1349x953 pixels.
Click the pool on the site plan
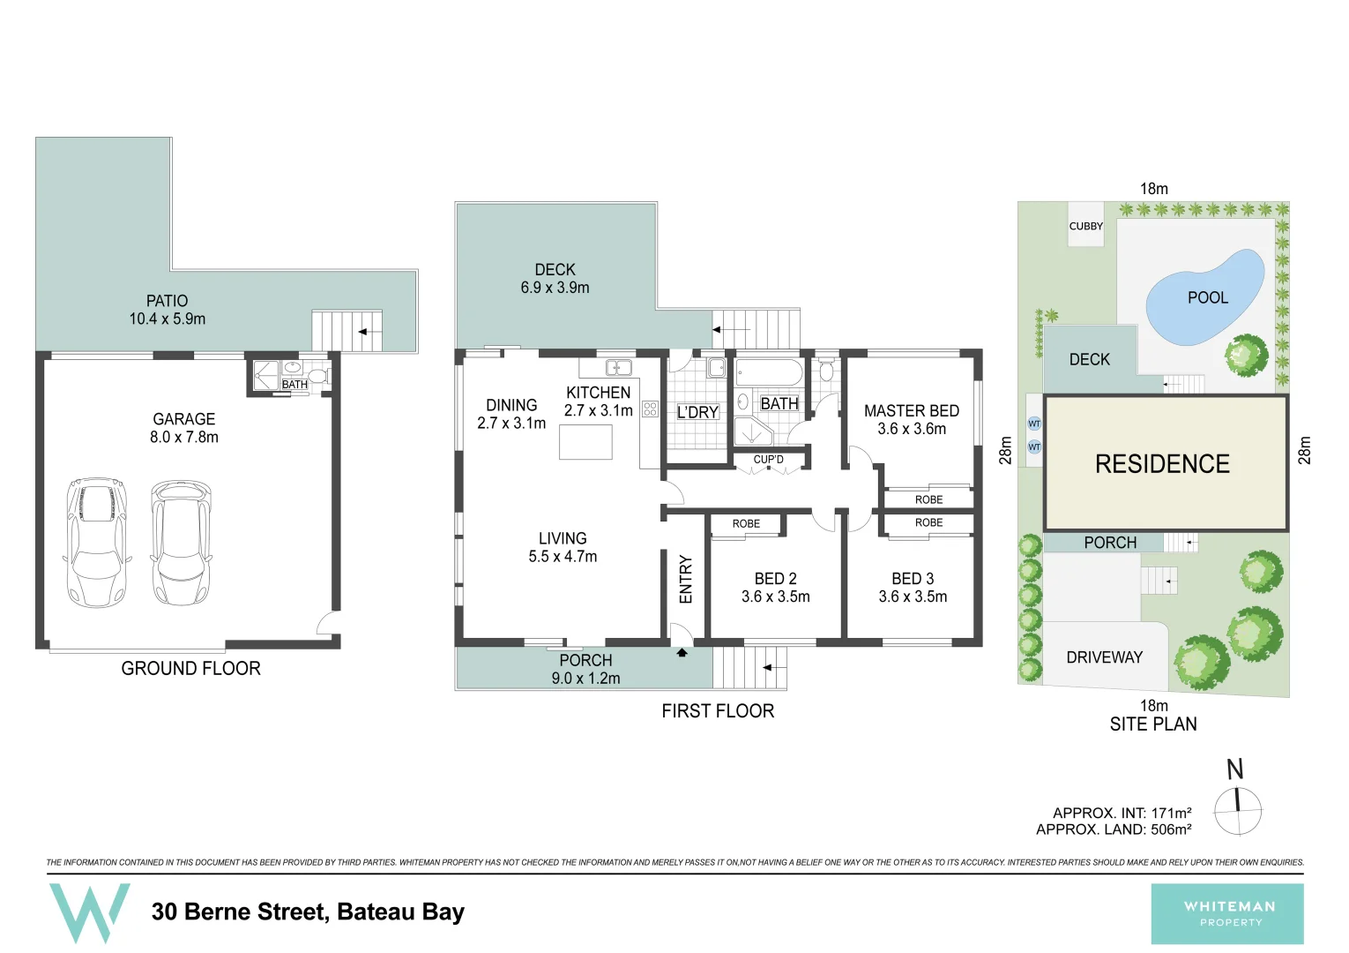(x=1204, y=298)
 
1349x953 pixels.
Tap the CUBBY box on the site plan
(x=1085, y=226)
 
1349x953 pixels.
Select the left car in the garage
(x=97, y=543)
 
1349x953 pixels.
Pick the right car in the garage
(x=181, y=543)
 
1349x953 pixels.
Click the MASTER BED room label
(x=911, y=411)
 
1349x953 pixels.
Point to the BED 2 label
(x=775, y=579)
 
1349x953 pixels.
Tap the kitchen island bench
(x=585, y=442)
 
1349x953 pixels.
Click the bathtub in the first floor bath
(x=769, y=371)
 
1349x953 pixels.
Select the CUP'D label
(x=768, y=460)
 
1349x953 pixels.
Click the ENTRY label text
(x=686, y=579)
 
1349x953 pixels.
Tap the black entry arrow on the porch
(x=681, y=653)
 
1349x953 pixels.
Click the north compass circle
(x=1238, y=811)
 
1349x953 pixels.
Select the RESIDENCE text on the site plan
(x=1162, y=464)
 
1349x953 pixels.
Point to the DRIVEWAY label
(x=1104, y=657)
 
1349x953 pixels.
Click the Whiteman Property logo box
(x=1226, y=914)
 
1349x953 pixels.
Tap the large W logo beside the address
(x=89, y=912)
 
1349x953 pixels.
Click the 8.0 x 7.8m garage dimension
(x=183, y=437)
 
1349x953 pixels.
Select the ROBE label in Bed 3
(x=928, y=523)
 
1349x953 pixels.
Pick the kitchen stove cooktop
(x=650, y=409)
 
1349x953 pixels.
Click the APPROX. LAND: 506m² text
(x=1114, y=829)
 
